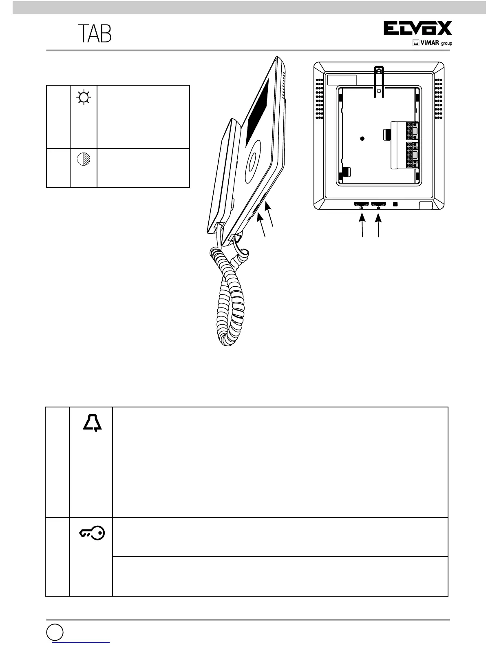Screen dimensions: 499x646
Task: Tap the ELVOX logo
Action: click(x=417, y=29)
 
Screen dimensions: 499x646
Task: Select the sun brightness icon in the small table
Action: click(x=84, y=98)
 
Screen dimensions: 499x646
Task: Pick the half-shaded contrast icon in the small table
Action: click(x=84, y=159)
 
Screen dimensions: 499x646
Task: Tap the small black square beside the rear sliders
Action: click(x=395, y=204)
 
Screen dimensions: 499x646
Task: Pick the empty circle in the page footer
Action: click(x=54, y=632)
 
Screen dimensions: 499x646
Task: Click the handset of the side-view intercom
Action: click(x=222, y=175)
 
